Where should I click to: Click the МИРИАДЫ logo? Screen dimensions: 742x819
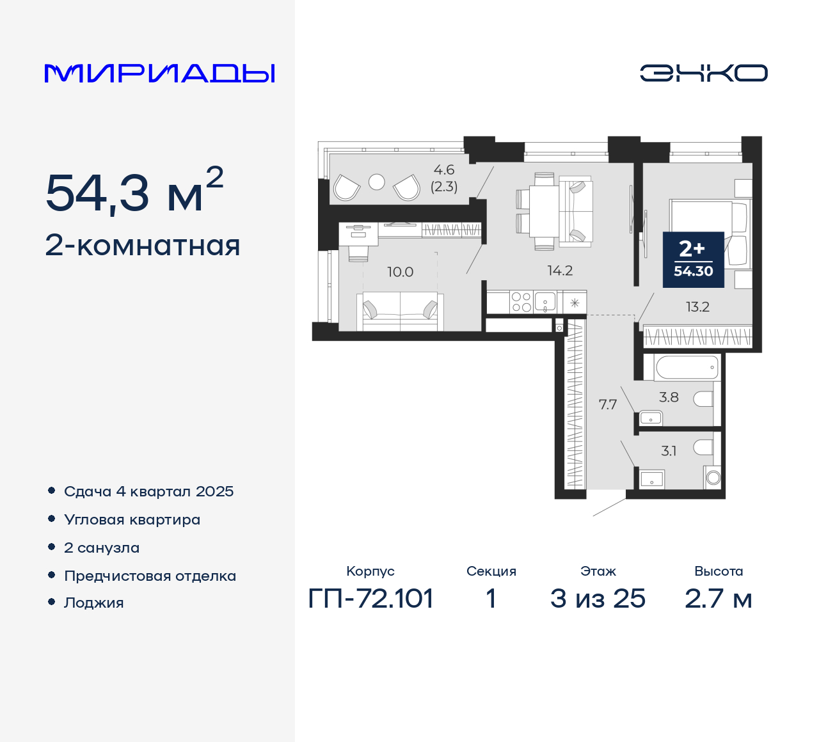pos(159,74)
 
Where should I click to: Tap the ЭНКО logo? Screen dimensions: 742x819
pos(703,73)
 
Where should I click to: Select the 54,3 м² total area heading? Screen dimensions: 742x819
pos(134,191)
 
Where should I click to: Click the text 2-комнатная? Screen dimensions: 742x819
pos(143,246)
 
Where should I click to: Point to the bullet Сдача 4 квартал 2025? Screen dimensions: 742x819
pos(148,491)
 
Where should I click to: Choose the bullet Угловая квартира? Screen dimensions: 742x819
pos(132,519)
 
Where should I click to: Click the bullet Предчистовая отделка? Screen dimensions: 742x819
pos(150,576)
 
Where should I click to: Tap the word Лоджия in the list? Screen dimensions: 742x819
pos(93,603)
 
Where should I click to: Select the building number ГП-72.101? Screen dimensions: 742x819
pos(370,599)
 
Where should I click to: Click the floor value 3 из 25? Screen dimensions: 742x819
pos(598,599)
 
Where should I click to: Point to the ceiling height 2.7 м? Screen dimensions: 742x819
pos(718,599)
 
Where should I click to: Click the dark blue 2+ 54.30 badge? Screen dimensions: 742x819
pos(693,258)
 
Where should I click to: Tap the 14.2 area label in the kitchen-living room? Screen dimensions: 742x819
pos(560,271)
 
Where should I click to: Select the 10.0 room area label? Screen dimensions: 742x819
pos(400,272)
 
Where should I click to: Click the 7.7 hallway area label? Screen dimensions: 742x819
pos(607,404)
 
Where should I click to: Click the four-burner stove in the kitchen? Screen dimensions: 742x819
pos(521,302)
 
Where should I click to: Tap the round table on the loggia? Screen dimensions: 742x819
pos(377,182)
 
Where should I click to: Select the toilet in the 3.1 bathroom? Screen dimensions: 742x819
pos(703,446)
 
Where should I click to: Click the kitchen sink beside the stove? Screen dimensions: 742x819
pos(545,301)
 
